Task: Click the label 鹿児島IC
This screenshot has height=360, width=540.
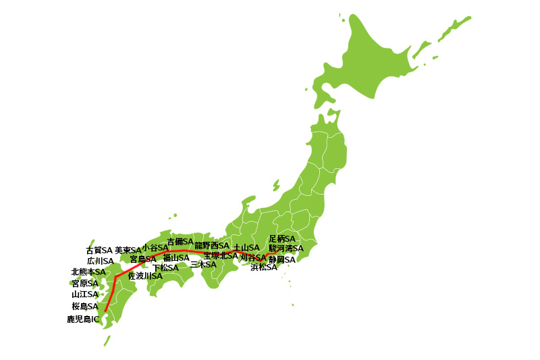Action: tap(83, 319)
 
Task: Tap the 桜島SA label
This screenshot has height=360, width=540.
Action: tap(85, 306)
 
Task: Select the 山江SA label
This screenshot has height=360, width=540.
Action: tap(85, 294)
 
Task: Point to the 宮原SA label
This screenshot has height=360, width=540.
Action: tap(85, 283)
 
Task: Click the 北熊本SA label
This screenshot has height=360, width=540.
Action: tap(88, 272)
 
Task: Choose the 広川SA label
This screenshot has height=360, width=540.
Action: tap(100, 261)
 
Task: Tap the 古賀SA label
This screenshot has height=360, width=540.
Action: tap(99, 250)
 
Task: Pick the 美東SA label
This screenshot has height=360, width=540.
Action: tap(128, 250)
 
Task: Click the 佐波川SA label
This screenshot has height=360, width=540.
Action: tap(145, 276)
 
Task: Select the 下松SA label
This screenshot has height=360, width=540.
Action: tap(165, 267)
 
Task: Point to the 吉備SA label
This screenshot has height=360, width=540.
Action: tap(180, 241)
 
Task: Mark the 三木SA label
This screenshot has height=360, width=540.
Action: tap(203, 264)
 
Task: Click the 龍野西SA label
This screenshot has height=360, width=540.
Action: tap(212, 245)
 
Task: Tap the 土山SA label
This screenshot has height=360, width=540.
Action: tap(246, 248)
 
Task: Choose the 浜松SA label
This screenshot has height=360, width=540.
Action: tap(263, 267)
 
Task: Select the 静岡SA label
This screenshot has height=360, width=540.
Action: tap(282, 259)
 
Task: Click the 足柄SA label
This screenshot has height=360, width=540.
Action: tap(282, 238)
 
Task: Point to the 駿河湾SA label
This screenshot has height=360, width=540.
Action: tap(286, 249)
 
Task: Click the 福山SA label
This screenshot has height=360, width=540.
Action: tap(176, 257)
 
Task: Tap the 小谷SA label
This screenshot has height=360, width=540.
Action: tap(155, 248)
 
